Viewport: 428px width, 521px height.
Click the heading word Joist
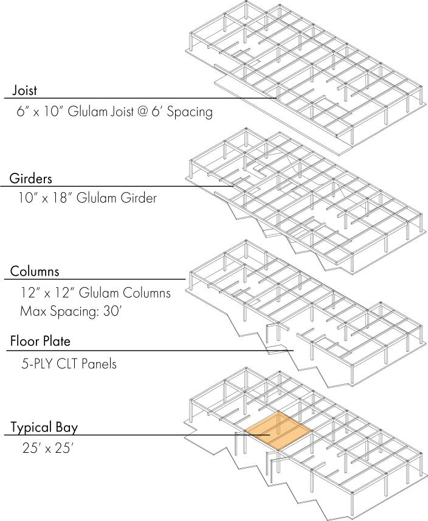[24, 91]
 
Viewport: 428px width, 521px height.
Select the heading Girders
[30, 179]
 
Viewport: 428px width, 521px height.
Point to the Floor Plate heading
[44, 341]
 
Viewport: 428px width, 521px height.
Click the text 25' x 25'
[47, 450]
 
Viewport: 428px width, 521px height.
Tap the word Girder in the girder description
[137, 198]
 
